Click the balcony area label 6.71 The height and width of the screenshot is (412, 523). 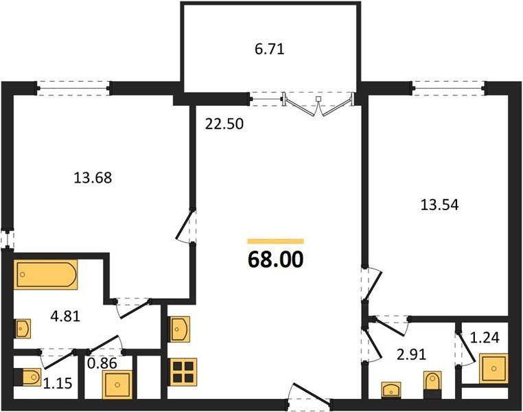[270, 49]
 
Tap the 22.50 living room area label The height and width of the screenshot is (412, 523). [224, 124]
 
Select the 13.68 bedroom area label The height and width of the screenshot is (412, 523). [93, 177]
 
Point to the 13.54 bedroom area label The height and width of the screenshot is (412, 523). [440, 205]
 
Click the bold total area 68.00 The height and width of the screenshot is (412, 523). [275, 260]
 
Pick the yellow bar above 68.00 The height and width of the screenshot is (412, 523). [275, 241]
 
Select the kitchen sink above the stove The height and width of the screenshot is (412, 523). [180, 330]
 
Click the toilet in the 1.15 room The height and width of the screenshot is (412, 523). [28, 378]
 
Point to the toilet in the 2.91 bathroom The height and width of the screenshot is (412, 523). [432, 385]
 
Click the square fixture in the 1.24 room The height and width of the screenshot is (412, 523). [493, 369]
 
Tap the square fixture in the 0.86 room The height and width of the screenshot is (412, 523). [117, 385]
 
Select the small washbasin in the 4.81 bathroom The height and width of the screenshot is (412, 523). [23, 329]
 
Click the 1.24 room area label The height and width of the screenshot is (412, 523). [485, 338]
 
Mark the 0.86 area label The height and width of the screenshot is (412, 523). [102, 363]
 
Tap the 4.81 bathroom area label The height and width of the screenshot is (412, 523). [65, 317]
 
